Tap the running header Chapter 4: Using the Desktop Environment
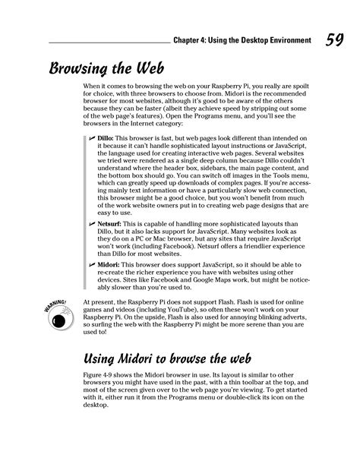point(242,40)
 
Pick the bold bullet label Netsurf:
point(112,226)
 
